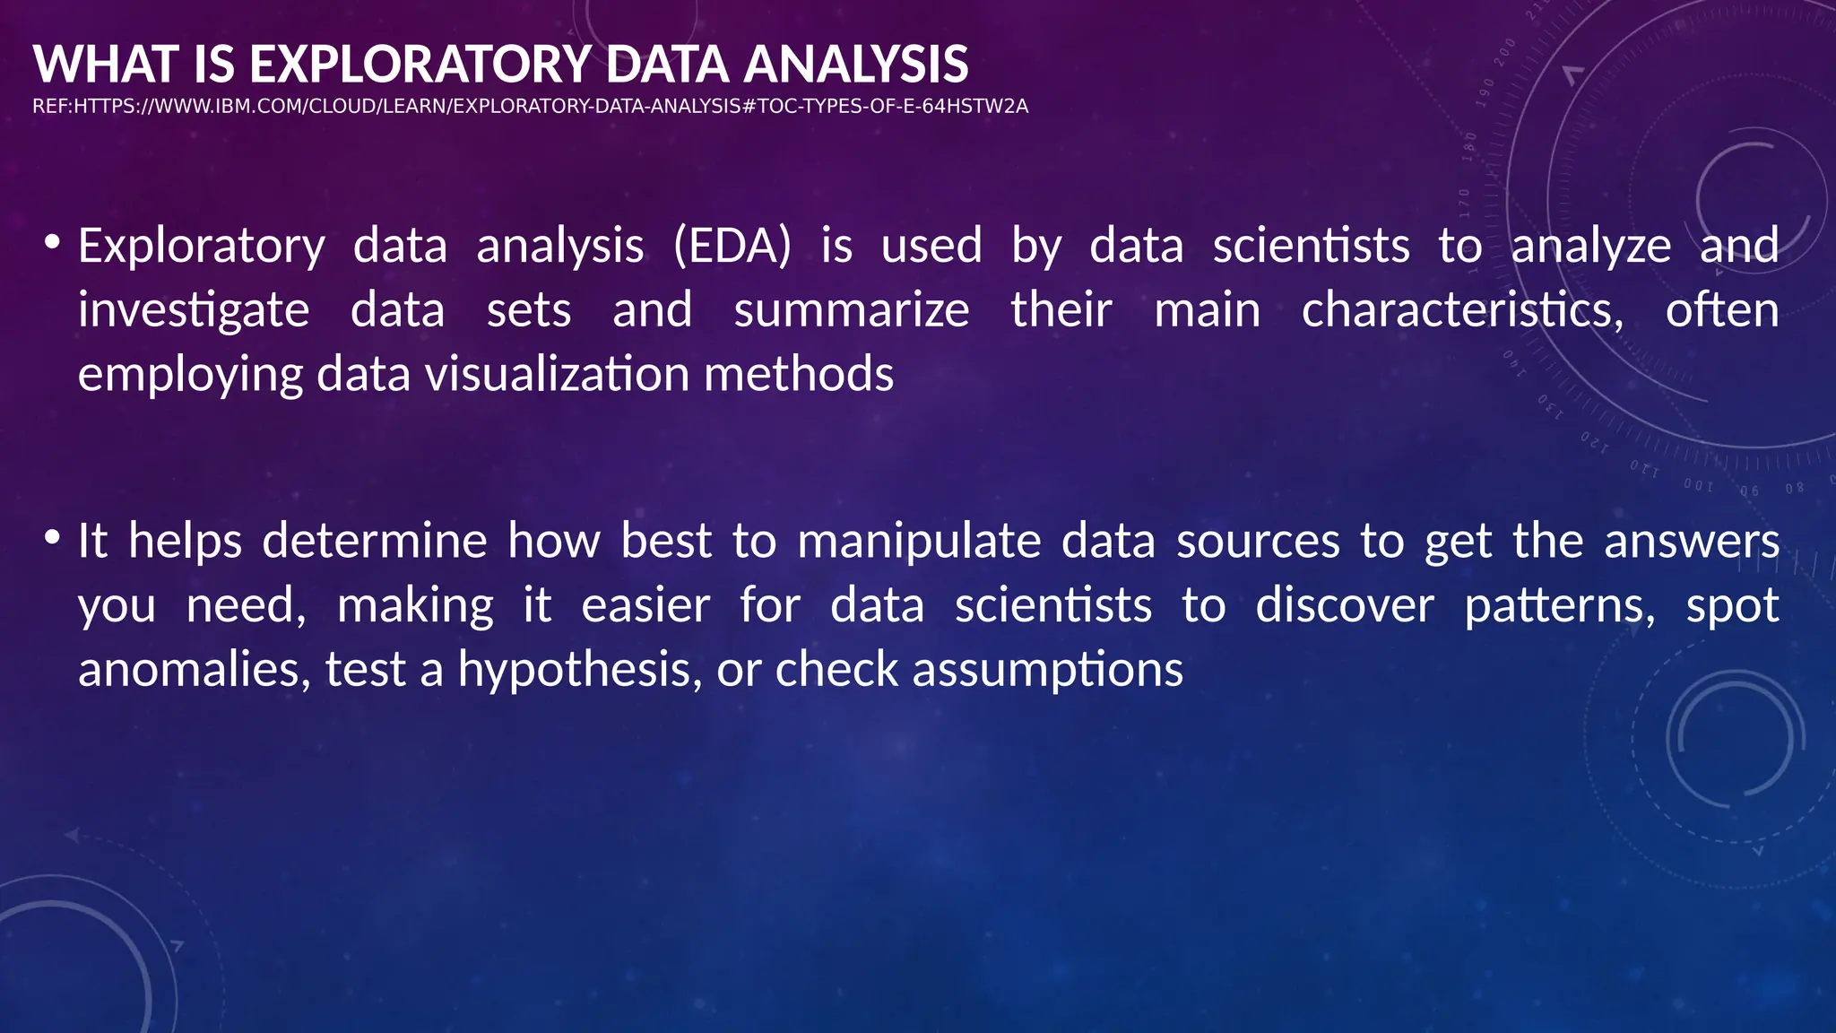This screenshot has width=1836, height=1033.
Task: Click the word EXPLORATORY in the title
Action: tap(420, 65)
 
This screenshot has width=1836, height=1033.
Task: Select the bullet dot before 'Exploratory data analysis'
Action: tap(53, 242)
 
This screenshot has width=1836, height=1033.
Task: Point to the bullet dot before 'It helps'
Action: tap(53, 537)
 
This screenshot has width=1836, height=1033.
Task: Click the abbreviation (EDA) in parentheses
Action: tap(732, 246)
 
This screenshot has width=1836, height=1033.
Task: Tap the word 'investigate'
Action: tap(194, 310)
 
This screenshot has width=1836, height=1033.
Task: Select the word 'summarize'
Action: tap(851, 310)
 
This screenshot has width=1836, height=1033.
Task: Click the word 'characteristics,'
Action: tap(1462, 310)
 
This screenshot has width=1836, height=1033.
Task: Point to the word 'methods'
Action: tap(799, 374)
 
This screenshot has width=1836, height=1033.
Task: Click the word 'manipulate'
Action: tap(919, 541)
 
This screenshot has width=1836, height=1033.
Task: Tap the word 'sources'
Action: tap(1258, 541)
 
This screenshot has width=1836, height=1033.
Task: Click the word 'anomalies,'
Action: tap(194, 670)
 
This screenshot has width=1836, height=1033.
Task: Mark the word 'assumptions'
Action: tap(1047, 670)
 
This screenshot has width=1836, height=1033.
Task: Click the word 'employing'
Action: tap(190, 374)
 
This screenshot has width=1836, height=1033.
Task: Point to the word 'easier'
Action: tap(645, 605)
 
